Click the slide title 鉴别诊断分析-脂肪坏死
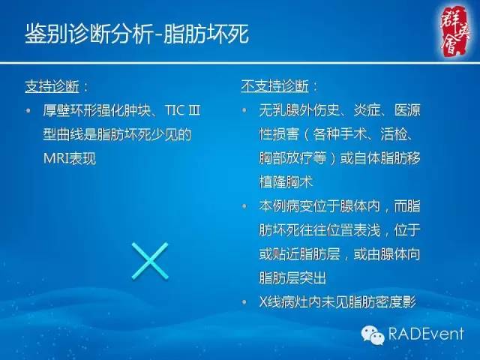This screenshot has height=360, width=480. click(x=136, y=34)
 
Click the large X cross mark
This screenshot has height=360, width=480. click(x=149, y=259)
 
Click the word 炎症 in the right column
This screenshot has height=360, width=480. click(x=359, y=112)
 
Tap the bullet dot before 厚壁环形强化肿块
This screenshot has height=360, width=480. click(x=28, y=112)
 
